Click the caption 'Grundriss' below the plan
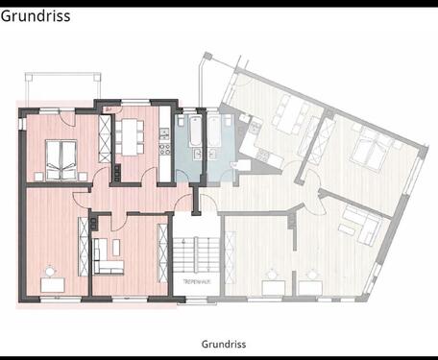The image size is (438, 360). (x=225, y=344)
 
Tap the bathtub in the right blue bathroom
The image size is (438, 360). (x=214, y=134)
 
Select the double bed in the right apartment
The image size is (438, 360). (x=371, y=151)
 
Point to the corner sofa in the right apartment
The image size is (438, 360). (x=361, y=226)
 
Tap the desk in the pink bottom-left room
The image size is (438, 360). (x=52, y=284)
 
